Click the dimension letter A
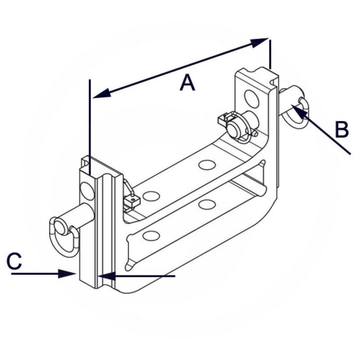tap(187, 82)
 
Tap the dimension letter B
tap(342, 130)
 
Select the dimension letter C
tap(14, 261)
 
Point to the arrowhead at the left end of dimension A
tap(102, 93)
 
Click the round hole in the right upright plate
tap(252, 99)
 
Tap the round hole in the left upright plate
tap(87, 190)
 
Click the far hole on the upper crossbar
tap(207, 165)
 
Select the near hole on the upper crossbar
tap(151, 196)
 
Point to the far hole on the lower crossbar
tap(207, 204)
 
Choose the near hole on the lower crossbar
tap(151, 236)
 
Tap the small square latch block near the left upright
tap(132, 201)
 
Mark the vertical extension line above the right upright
tap(270, 54)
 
